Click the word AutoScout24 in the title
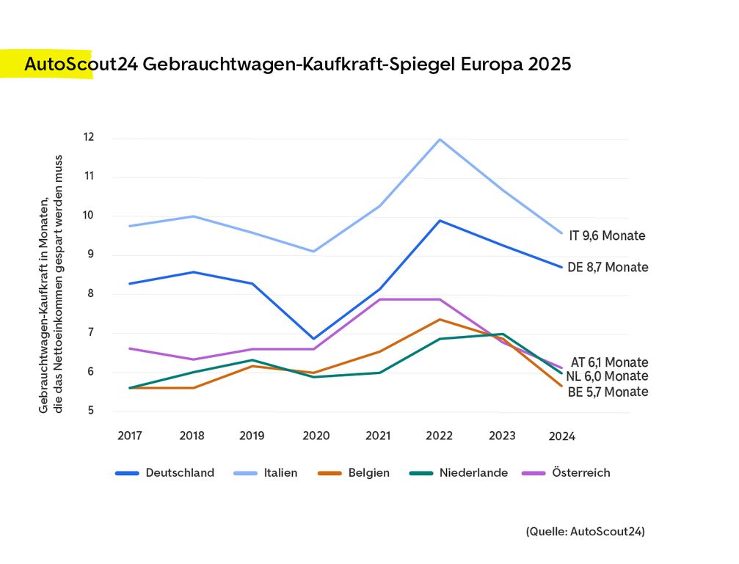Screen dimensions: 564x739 coord(79,65)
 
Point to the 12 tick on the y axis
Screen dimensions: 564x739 coord(89,137)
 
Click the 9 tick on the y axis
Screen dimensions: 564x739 coord(91,254)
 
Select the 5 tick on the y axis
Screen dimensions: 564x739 coord(91,411)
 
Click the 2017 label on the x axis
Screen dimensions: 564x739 coord(129,436)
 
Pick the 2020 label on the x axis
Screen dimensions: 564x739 coord(316,436)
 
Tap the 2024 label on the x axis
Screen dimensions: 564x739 coord(562,436)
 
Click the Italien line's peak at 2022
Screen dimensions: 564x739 coord(440,139)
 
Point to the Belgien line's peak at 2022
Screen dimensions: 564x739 coord(440,319)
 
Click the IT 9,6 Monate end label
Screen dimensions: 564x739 coord(607,236)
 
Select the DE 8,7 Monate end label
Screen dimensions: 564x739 coord(608,268)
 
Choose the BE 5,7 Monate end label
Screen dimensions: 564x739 coord(608,392)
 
